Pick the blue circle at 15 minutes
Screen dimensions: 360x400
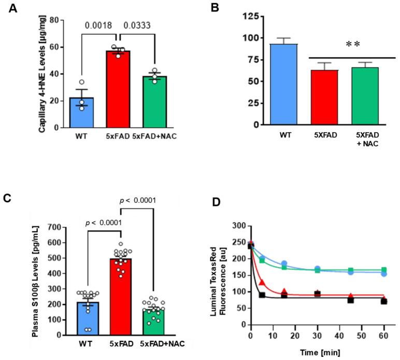click(x=284, y=264)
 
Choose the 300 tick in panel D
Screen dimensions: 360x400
click(x=239, y=227)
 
